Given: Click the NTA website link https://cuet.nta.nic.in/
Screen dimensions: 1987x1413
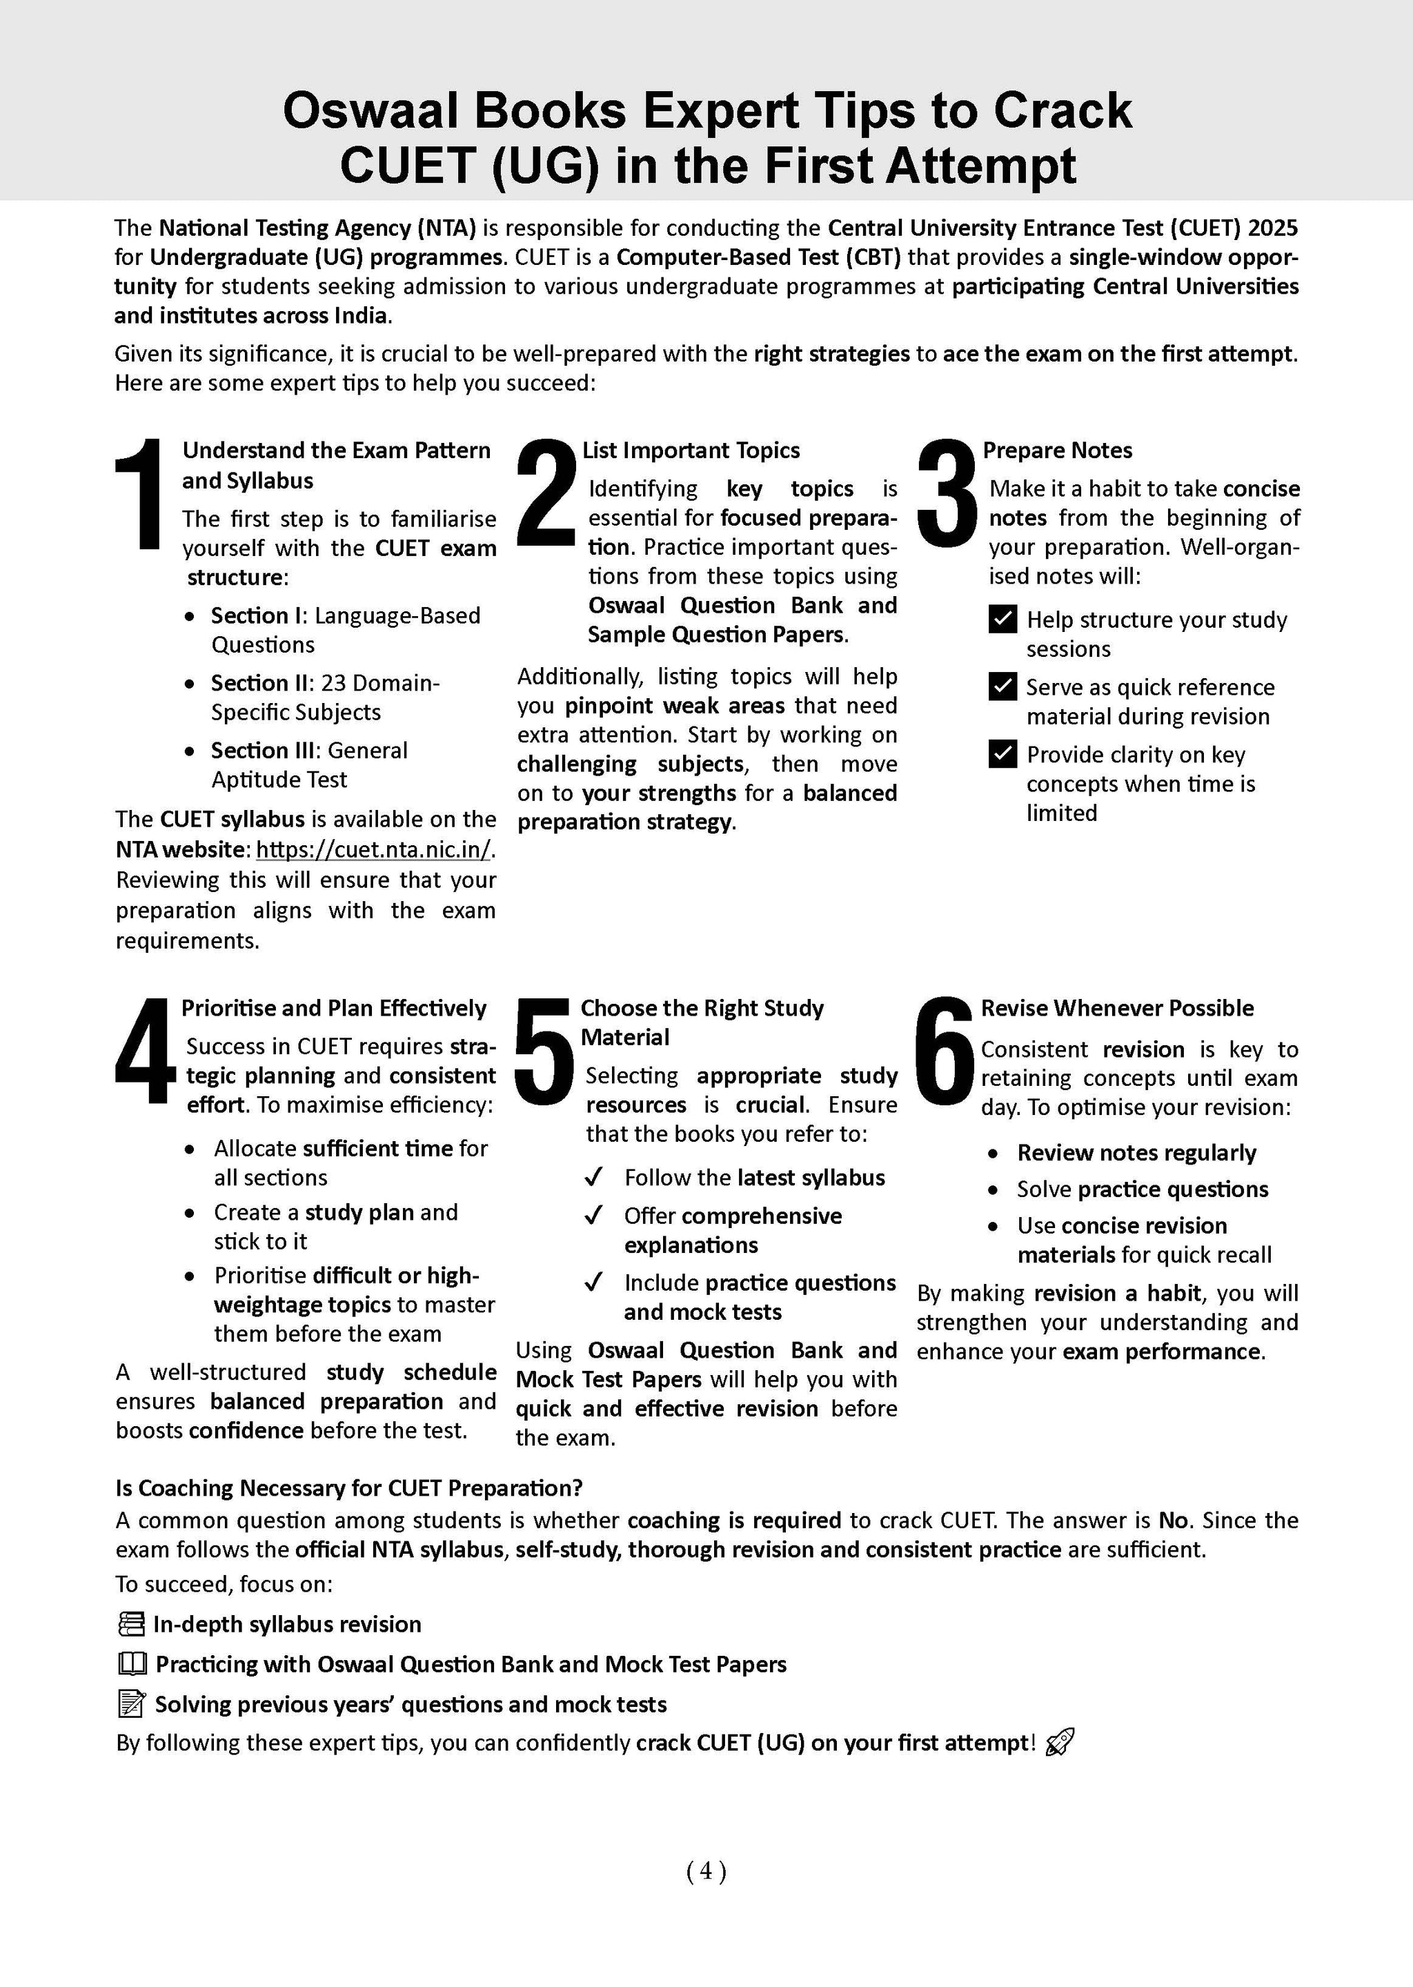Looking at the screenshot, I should tap(373, 849).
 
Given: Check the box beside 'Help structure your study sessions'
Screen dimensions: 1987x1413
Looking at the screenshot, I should tap(1003, 620).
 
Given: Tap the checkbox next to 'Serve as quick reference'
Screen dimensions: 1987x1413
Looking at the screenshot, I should tap(1003, 686).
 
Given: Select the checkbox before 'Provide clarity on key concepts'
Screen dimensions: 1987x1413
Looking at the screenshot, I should tap(1003, 753).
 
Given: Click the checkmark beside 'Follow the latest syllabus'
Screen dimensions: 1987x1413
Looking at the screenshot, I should tap(594, 1178).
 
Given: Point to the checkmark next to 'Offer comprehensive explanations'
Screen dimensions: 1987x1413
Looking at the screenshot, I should tap(594, 1216).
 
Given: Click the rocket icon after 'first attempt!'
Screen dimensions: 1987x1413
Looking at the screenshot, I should tap(1060, 1743).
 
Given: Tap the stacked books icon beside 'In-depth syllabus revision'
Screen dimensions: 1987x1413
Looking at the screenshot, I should tap(130, 1624).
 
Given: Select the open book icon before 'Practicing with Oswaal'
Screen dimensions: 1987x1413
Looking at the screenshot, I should tap(131, 1664).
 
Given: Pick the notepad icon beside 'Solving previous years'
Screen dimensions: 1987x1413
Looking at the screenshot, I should tap(130, 1704).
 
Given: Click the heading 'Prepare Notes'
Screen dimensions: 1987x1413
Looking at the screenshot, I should tap(1057, 451).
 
